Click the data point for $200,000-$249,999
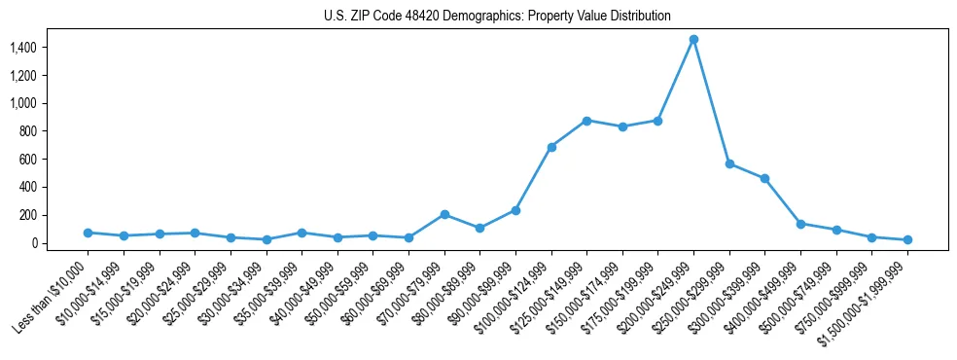[x=693, y=39]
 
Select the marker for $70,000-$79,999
[x=444, y=214]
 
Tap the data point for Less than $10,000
[x=89, y=233]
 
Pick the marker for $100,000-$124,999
[x=551, y=147]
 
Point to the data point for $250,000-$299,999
[x=729, y=163]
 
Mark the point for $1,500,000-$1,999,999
[x=907, y=239]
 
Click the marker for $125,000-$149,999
[x=586, y=121]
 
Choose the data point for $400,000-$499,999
[x=800, y=224]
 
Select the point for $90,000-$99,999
[x=515, y=210]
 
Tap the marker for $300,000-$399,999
[x=764, y=178]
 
